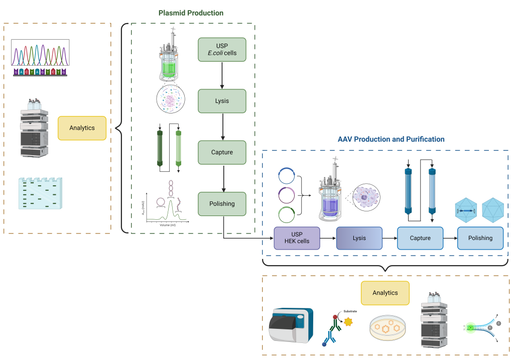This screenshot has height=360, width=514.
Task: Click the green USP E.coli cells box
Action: pyautogui.click(x=222, y=49)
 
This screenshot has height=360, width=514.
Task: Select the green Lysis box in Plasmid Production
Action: pyautogui.click(x=222, y=101)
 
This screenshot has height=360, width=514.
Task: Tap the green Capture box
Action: pyautogui.click(x=222, y=152)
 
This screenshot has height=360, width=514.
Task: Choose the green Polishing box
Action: pyautogui.click(x=222, y=204)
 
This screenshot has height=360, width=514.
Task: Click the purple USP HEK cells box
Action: pyautogui.click(x=297, y=238)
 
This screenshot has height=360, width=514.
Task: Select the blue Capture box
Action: pyautogui.click(x=420, y=238)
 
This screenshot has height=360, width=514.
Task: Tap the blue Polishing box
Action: pyautogui.click(x=480, y=238)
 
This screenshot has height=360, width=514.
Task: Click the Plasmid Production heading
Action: pyautogui.click(x=191, y=13)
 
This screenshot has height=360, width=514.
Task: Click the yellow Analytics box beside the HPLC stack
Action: pyautogui.click(x=82, y=128)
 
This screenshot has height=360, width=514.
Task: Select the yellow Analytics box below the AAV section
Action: pyautogui.click(x=385, y=293)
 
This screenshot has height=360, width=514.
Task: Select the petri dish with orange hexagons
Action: pyautogui.click(x=388, y=328)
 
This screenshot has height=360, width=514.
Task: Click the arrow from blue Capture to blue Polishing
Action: pyautogui.click(x=450, y=238)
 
